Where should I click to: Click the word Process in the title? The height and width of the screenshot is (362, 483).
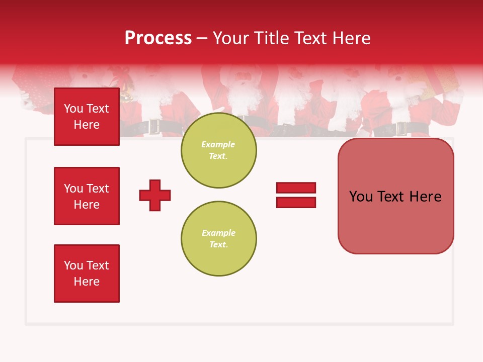158,38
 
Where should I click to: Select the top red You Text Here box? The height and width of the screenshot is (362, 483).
87,117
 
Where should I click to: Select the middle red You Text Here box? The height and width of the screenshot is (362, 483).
87,196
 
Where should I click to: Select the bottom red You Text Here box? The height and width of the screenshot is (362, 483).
87,274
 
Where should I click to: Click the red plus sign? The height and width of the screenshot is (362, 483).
155,195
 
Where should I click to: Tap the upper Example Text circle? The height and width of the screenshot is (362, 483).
218,150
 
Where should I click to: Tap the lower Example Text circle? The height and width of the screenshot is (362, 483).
218,239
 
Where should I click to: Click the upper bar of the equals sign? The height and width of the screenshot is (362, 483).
296,188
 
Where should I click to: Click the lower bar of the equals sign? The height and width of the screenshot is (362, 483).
296,203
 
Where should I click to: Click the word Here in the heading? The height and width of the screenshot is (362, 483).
351,38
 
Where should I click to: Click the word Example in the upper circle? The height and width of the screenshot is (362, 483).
218,144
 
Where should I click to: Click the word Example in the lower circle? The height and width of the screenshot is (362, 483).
218,233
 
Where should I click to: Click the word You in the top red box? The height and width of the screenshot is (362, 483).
73,109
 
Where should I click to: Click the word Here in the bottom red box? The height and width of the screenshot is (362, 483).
87,282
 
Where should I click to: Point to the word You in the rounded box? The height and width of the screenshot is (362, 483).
361,197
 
